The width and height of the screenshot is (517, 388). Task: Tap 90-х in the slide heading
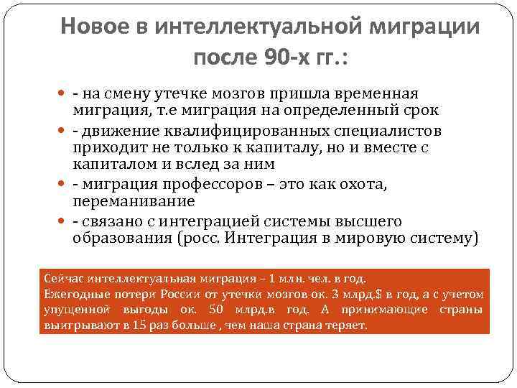coord(284,57)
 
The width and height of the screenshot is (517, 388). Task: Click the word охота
coord(364,185)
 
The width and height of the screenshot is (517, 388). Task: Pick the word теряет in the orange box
coord(348,325)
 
